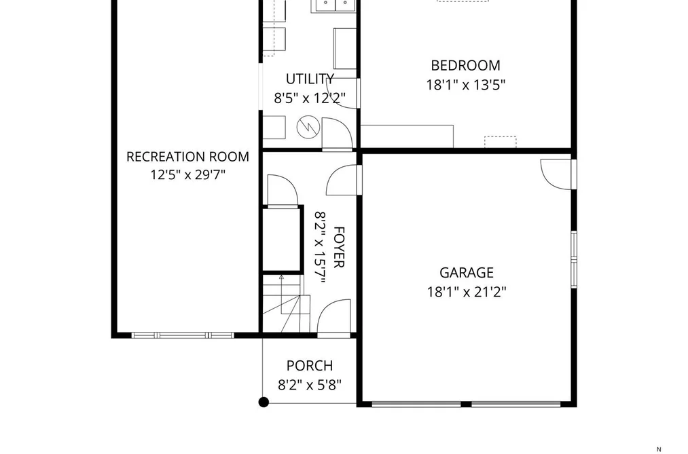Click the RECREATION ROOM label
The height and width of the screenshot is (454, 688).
[x=188, y=157]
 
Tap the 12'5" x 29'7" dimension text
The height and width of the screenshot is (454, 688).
[x=188, y=175]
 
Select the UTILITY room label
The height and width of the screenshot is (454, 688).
[x=310, y=79]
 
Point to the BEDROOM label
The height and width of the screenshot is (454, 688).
[x=465, y=65]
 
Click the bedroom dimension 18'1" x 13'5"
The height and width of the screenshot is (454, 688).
[x=465, y=85]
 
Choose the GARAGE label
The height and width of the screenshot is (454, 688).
[x=467, y=273]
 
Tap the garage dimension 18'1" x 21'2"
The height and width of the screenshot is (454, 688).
[x=467, y=291]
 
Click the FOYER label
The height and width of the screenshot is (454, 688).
[x=339, y=247]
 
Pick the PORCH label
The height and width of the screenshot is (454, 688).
[x=309, y=366]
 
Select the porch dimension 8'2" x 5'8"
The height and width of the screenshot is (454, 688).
[x=309, y=385]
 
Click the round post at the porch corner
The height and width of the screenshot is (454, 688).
[x=264, y=402]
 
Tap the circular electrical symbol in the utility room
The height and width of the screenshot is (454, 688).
[x=308, y=127]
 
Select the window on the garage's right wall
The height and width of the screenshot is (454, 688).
[x=573, y=259]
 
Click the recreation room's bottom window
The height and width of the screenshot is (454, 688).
[x=183, y=335]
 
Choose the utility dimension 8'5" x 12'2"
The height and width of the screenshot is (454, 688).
[x=310, y=98]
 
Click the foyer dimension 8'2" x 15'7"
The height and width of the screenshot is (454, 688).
[x=321, y=247]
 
